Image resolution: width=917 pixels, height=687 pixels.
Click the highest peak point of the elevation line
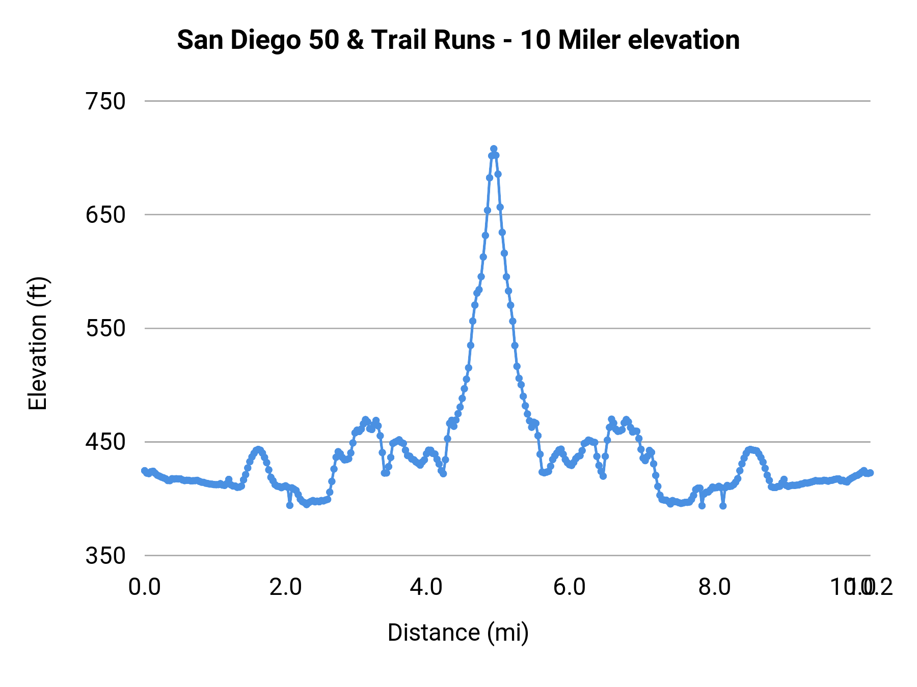click(494, 149)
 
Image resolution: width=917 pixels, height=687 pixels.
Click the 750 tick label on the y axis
click(105, 102)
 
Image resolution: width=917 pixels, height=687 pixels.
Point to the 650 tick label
click(105, 215)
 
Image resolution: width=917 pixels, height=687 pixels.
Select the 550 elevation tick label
click(105, 329)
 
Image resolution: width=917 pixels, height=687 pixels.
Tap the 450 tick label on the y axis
click(105, 442)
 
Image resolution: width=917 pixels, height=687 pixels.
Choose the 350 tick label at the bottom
click(105, 556)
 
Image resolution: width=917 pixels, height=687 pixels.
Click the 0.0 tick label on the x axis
click(145, 587)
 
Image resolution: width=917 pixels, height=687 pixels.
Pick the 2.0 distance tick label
click(286, 587)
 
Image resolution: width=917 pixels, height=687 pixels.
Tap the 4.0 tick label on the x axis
click(426, 587)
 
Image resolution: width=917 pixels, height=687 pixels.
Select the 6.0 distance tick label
click(570, 587)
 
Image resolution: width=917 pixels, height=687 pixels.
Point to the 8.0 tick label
click(714, 587)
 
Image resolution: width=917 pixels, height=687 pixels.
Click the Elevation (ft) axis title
click(38, 343)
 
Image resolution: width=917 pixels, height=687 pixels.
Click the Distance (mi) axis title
click(458, 633)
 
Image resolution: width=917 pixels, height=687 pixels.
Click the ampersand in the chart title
click(355, 40)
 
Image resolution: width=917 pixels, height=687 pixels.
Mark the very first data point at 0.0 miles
click(144, 471)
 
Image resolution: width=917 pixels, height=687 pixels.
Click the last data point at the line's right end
click(870, 473)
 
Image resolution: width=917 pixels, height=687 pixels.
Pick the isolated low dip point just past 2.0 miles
click(290, 505)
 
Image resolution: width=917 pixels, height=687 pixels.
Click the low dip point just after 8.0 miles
click(723, 506)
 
